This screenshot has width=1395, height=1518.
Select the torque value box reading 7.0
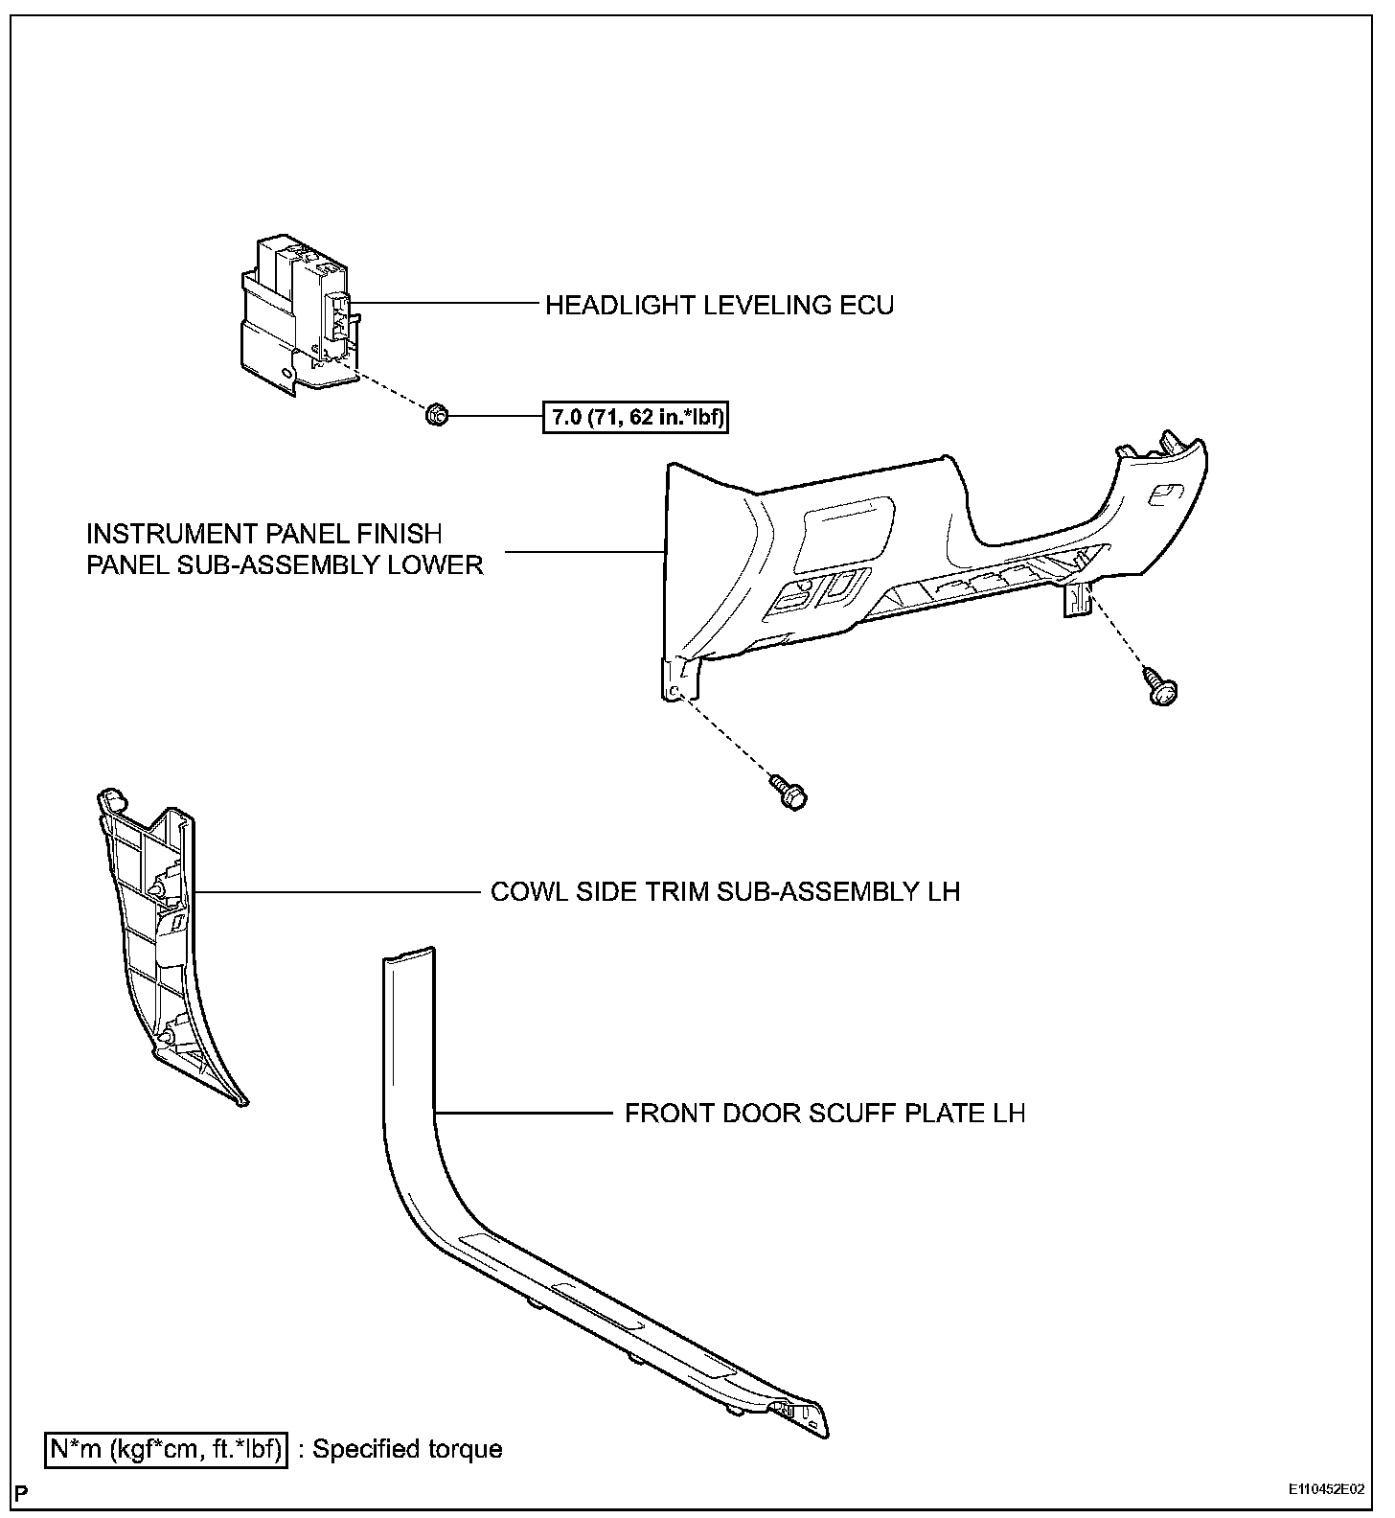[x=635, y=417]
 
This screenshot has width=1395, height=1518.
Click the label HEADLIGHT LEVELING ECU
[x=719, y=306]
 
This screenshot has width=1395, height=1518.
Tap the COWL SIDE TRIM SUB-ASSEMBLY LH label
[x=724, y=892]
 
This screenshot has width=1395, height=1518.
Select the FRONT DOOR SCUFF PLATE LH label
[x=825, y=1114]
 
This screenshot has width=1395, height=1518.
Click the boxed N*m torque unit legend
[x=166, y=1448]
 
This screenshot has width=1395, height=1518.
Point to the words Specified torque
[x=407, y=1448]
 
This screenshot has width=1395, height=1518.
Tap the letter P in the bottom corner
[x=21, y=1492]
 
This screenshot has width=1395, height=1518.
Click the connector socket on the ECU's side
[x=339, y=316]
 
